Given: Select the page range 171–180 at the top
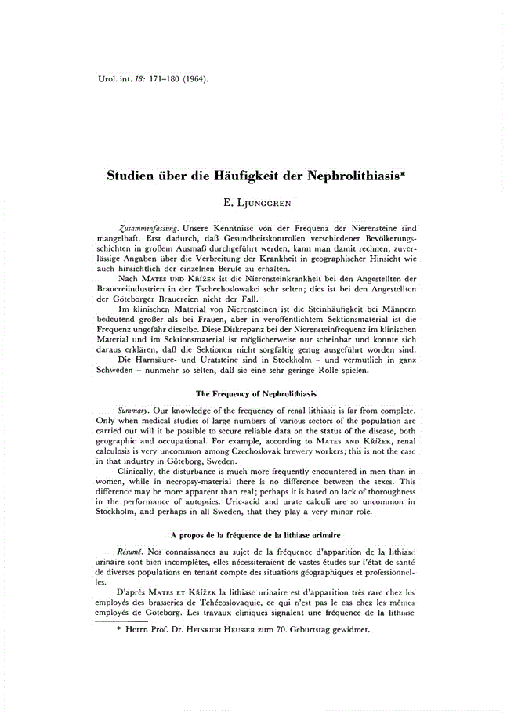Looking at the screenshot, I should pos(158,79).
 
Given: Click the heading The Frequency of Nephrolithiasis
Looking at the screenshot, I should pos(255,392).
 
